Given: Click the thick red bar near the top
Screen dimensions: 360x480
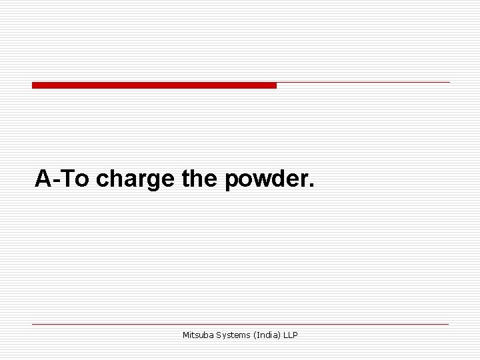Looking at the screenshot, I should [154, 85].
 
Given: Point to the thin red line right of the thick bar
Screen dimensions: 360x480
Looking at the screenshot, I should [363, 83].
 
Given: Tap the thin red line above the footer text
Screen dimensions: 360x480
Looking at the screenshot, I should [240, 325].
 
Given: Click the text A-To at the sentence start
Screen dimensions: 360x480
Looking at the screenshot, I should [63, 178].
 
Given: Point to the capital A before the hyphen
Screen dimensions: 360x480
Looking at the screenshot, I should [43, 178].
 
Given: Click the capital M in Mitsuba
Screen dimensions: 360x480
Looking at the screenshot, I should [185, 335].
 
